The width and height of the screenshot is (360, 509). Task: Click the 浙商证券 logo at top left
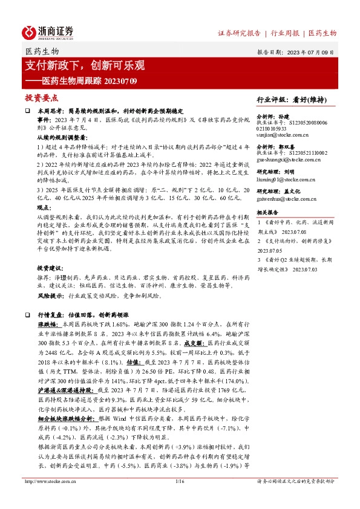[48, 32]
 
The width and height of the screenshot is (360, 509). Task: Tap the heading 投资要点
[42, 97]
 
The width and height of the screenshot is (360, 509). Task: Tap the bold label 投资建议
[49, 268]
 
